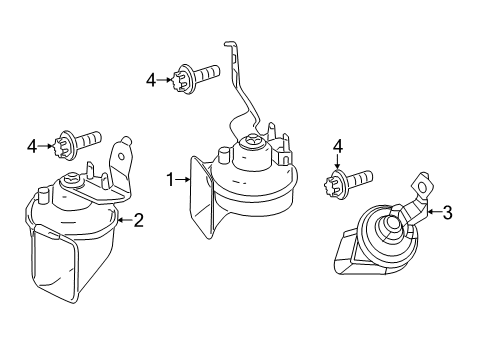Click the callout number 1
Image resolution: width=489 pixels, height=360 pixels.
tap(170, 180)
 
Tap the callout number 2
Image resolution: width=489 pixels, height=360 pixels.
tap(139, 220)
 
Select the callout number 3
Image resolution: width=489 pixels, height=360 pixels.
tap(447, 212)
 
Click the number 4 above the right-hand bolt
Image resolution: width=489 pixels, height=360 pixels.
tap(338, 147)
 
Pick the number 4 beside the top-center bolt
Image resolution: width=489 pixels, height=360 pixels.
tap(151, 80)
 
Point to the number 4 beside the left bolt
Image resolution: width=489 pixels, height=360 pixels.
tap(32, 146)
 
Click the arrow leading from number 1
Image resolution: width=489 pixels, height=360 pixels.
tap(182, 180)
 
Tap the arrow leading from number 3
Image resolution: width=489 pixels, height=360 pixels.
tap(434, 212)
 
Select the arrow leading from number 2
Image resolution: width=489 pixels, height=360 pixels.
tap(125, 220)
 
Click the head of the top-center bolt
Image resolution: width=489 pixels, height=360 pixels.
tap(182, 79)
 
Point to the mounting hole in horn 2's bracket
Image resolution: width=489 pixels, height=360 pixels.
tap(122, 156)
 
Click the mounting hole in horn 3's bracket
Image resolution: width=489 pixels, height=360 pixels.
tap(422, 188)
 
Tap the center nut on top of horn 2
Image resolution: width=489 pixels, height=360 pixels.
tap(72, 179)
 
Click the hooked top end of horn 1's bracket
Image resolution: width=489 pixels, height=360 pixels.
tap(231, 44)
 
